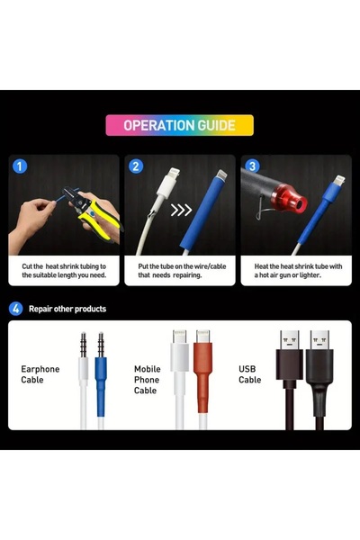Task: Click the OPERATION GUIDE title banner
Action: [x=179, y=125]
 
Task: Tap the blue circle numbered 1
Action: [x=20, y=166]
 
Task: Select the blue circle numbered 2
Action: [x=136, y=166]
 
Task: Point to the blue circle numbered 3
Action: [x=252, y=166]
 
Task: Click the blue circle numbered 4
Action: [x=15, y=309]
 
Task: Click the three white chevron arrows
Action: [x=181, y=210]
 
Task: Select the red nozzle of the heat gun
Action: [x=289, y=199]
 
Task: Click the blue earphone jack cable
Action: [x=101, y=381]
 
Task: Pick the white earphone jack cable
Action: [x=83, y=381]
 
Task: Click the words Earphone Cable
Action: [x=40, y=374]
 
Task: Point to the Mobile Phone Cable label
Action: [x=147, y=380]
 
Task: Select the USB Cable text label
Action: [x=250, y=374]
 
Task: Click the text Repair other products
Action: [x=67, y=309]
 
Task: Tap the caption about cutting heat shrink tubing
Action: [x=64, y=271]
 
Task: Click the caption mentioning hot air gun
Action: [x=298, y=271]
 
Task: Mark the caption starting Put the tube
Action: [x=182, y=271]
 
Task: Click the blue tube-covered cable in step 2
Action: [x=202, y=213]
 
